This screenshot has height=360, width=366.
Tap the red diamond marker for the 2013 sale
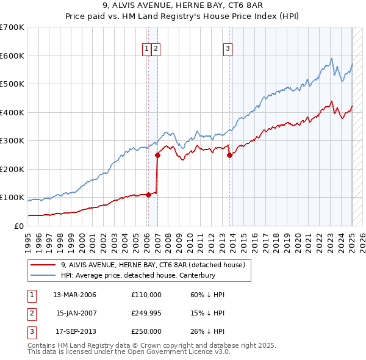point(230,155)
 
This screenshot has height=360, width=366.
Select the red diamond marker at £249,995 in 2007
point(157,155)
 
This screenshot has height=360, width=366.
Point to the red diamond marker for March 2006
point(148,195)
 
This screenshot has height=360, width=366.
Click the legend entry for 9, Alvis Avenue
point(152,265)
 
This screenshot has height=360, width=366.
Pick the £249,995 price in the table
point(146,313)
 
